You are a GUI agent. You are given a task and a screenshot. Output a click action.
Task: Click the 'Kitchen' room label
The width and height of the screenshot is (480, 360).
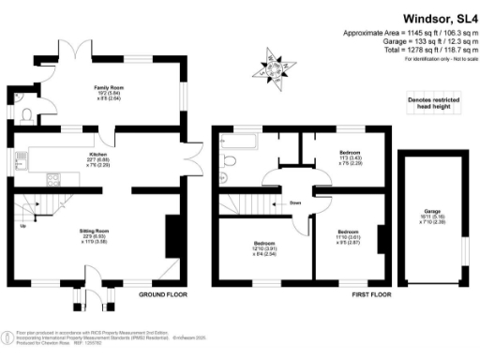(x=97, y=154)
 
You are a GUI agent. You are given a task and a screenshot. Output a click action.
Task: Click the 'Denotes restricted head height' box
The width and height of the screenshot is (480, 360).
(x=431, y=102)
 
